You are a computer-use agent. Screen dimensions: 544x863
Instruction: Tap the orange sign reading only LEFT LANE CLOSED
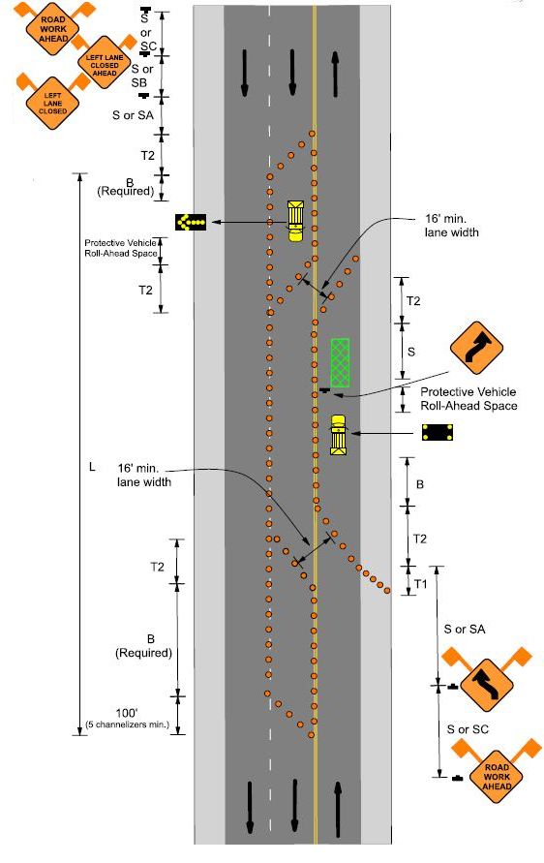53,103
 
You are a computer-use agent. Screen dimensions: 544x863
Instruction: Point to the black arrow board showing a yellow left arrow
191,222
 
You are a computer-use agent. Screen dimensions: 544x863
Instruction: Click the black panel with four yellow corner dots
438,432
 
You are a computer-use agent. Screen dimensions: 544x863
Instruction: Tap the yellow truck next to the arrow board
295,221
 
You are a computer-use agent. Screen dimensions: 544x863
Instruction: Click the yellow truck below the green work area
338,435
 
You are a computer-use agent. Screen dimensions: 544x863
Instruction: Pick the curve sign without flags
476,349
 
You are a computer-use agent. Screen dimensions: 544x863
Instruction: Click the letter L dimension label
92,467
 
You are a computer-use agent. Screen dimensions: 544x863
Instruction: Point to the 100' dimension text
127,713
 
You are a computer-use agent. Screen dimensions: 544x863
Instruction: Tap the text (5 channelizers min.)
128,724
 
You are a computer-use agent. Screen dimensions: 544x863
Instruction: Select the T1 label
420,584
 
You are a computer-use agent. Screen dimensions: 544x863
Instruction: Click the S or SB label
142,76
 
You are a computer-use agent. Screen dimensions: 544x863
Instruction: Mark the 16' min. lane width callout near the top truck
451,226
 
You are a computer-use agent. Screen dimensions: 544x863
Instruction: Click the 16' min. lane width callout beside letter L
144,475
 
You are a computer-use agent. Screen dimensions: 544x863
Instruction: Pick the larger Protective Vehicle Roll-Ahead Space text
468,399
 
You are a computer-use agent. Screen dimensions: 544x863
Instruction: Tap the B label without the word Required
420,484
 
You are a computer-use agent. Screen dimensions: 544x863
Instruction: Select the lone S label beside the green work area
411,352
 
